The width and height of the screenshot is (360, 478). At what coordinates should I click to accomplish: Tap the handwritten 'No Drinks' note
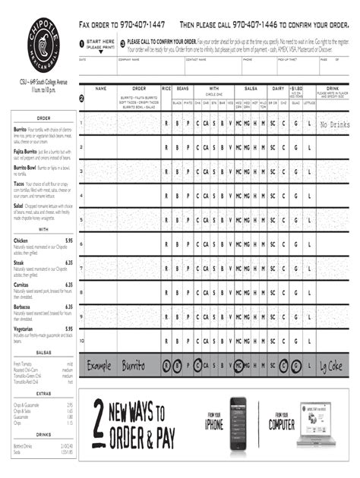coord(333,124)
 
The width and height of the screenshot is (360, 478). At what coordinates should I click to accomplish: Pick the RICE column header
coord(166,89)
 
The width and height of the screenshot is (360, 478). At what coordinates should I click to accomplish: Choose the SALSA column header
coord(251,89)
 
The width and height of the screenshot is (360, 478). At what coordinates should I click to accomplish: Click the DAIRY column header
coord(278,89)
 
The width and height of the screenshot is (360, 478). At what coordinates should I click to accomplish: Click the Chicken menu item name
coord(21,241)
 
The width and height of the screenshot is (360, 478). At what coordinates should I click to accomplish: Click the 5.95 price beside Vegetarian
coord(68,329)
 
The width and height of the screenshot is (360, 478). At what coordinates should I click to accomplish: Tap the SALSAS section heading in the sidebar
coord(43,353)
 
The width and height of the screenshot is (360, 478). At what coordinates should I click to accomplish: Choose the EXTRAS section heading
coord(43,395)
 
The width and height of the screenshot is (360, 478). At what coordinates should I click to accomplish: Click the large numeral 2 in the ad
coord(99,425)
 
